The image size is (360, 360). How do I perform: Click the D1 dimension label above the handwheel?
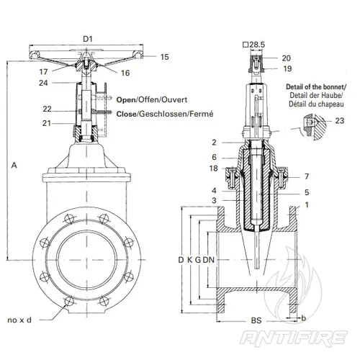pyautogui.click(x=88, y=39)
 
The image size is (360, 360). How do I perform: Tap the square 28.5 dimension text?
pyautogui.click(x=254, y=45)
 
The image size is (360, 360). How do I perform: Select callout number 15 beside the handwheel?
pyautogui.click(x=165, y=57)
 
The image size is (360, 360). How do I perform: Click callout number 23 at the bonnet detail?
pyautogui.click(x=340, y=120)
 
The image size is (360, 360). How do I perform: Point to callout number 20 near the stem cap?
pyautogui.click(x=287, y=58)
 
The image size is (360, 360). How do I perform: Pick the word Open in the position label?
pyautogui.click(x=126, y=100)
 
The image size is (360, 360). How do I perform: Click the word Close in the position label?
pyautogui.click(x=126, y=114)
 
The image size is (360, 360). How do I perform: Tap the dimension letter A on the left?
pyautogui.click(x=14, y=165)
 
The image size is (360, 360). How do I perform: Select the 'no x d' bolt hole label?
pyautogui.click(x=19, y=320)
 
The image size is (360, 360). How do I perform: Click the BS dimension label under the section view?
pyautogui.click(x=256, y=320)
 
